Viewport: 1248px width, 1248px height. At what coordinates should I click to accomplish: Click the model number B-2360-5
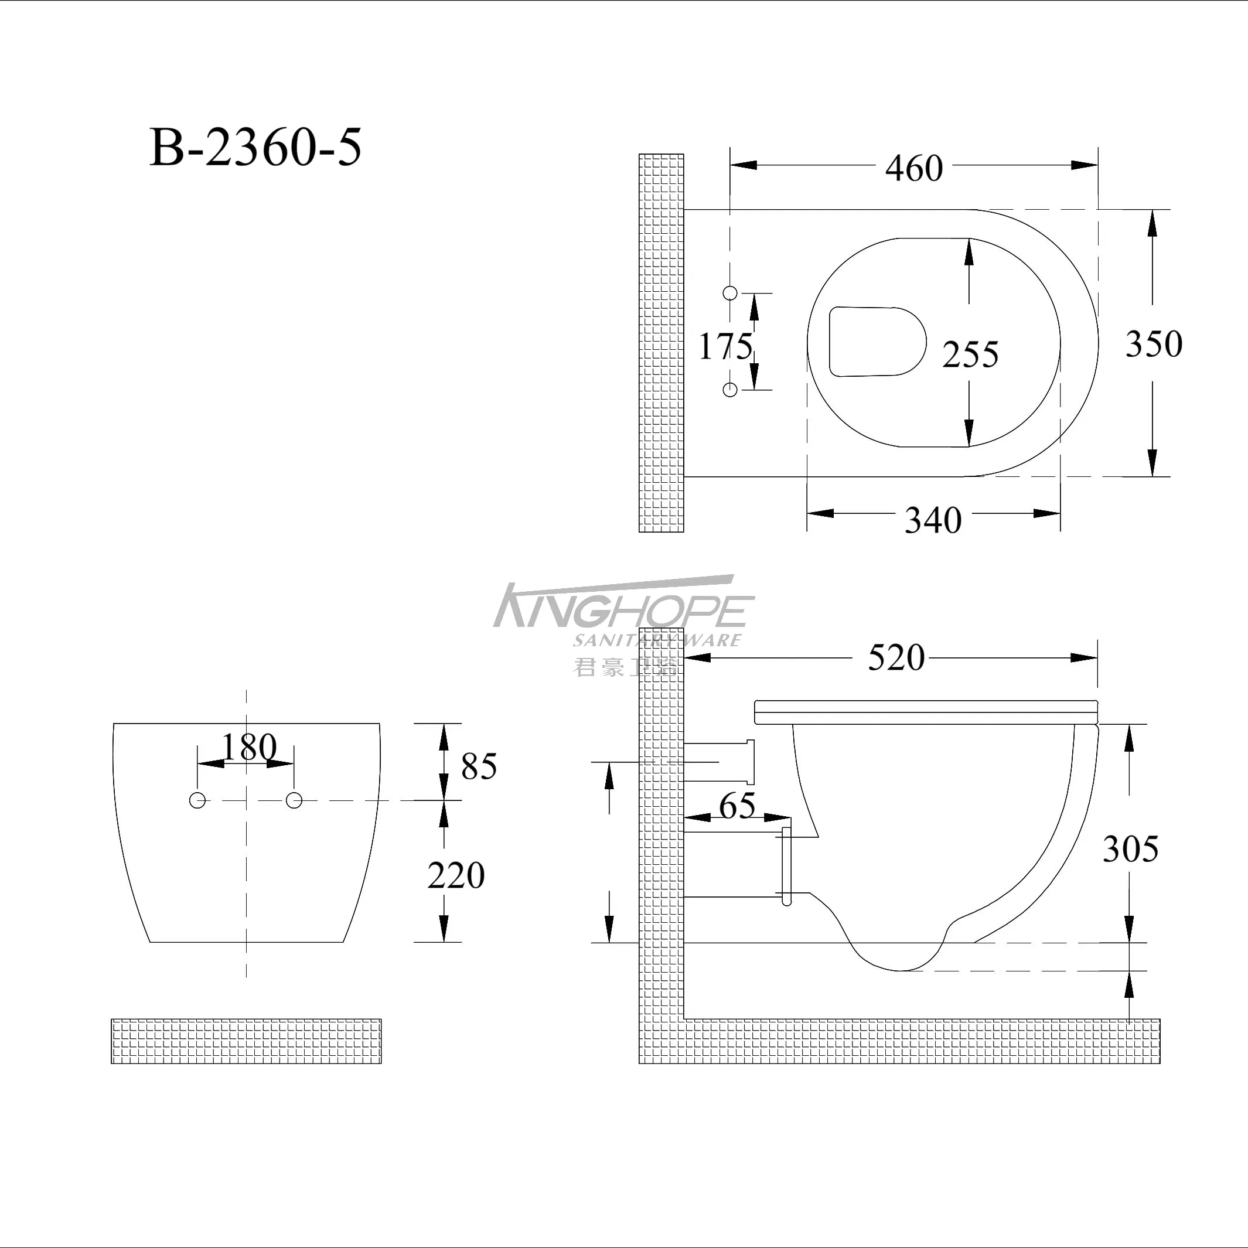256,148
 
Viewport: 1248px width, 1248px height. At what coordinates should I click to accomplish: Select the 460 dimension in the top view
913,169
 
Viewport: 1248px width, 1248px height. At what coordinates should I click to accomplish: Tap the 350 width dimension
1154,344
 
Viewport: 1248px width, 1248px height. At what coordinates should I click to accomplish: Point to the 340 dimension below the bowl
933,520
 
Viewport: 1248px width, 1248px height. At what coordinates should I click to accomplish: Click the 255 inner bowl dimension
970,354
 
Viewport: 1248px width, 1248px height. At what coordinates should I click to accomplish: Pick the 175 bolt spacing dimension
725,346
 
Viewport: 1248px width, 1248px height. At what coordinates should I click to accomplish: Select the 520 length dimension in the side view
896,658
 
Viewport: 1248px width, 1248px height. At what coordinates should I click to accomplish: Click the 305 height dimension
1130,849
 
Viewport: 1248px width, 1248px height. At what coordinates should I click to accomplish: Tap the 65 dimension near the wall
737,806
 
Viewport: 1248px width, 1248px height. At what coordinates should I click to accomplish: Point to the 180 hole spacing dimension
248,748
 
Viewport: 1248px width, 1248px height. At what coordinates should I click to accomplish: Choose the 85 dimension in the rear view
479,767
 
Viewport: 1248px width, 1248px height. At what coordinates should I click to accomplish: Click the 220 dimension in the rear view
456,876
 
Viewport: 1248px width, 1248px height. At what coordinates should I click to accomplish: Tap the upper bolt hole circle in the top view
730,292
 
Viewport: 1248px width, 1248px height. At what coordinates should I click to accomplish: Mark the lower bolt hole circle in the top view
730,390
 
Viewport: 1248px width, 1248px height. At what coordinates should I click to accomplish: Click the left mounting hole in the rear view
197,801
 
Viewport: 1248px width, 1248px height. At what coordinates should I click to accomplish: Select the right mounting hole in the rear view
294,801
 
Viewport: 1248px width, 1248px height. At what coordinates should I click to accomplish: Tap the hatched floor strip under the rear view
246,1041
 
